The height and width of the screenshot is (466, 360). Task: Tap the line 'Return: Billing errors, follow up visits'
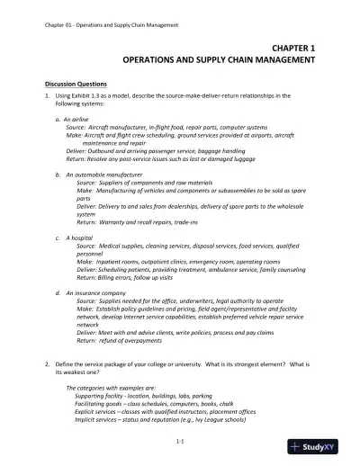[136, 277]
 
